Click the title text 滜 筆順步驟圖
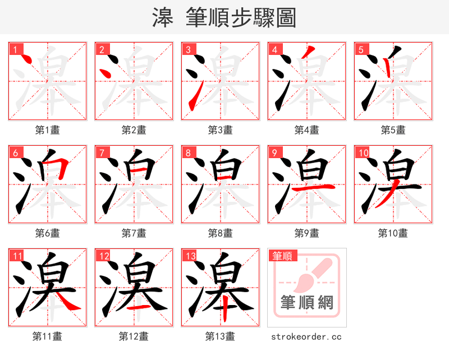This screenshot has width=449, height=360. (x=224, y=18)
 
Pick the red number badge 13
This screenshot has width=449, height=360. (x=190, y=256)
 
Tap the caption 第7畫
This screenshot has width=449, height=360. (x=134, y=233)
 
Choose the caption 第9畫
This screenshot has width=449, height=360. (x=306, y=233)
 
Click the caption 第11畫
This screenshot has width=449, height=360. (x=47, y=336)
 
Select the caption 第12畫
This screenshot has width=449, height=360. (x=134, y=336)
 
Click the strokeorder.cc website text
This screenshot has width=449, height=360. (x=306, y=336)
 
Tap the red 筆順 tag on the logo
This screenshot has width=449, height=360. (x=282, y=256)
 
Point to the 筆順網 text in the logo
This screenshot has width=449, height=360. (x=307, y=303)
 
